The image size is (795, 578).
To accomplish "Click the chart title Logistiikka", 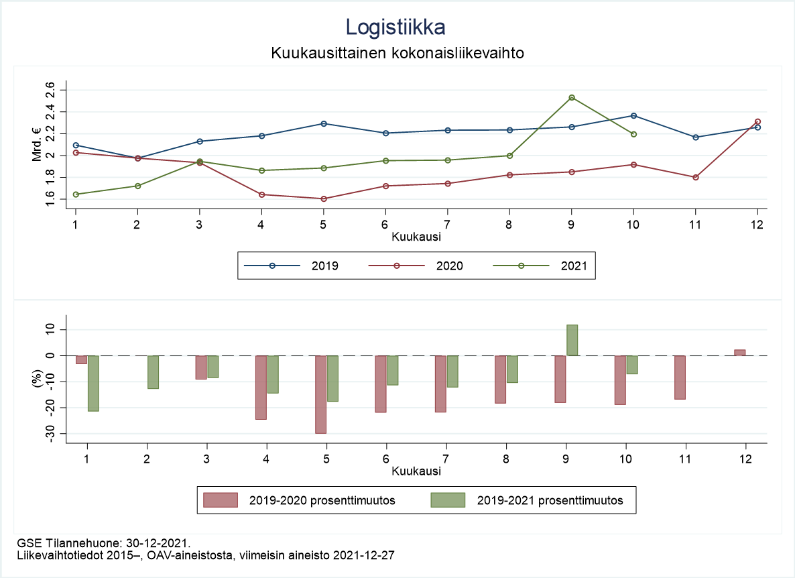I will [x=395, y=27].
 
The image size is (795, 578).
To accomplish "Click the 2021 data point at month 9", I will [x=572, y=98].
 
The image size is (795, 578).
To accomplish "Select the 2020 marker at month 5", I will [x=324, y=198].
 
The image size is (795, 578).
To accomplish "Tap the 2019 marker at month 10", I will [x=633, y=115].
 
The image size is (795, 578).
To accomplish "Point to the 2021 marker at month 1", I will [x=76, y=194].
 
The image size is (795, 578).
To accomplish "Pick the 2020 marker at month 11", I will [x=696, y=177].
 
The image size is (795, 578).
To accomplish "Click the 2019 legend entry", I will [x=324, y=266].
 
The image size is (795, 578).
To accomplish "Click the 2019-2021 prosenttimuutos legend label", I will [x=550, y=500].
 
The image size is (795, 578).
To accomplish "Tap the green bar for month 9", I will [x=572, y=340].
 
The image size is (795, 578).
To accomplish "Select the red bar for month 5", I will [x=321, y=394].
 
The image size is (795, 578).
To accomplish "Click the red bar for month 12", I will [x=739, y=353].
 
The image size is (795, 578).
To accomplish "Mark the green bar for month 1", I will [x=93, y=383].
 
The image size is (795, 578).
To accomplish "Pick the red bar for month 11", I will [x=680, y=378].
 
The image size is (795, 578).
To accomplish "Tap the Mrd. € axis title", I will [x=38, y=145].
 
